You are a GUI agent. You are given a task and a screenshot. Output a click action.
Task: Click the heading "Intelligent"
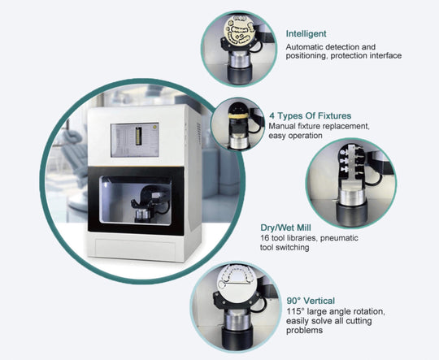click(x=306, y=34)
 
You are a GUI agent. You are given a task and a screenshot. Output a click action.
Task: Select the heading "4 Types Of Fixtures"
click(x=311, y=115)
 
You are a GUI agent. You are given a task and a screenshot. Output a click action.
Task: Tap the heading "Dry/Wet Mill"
click(x=285, y=228)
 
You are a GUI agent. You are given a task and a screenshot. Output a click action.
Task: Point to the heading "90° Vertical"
click(x=311, y=301)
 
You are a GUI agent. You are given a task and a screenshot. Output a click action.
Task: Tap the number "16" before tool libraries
click(x=264, y=238)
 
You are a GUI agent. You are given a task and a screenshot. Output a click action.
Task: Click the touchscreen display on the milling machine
click(x=135, y=140)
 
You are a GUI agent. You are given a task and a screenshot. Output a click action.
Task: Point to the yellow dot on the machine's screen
click(x=154, y=127)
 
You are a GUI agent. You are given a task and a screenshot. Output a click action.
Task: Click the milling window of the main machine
click(x=136, y=200)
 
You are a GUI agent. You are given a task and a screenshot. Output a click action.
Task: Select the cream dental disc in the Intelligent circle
click(x=239, y=31)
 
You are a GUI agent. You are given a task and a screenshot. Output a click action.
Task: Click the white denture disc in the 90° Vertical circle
click(x=237, y=282)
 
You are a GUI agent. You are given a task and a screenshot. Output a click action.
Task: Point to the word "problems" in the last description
click(x=304, y=331)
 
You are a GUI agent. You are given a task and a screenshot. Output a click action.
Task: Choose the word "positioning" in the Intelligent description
click(x=306, y=56)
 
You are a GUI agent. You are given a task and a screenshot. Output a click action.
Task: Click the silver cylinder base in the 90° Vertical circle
click(x=236, y=320)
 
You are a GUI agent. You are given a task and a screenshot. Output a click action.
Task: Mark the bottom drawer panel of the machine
click(x=135, y=246)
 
